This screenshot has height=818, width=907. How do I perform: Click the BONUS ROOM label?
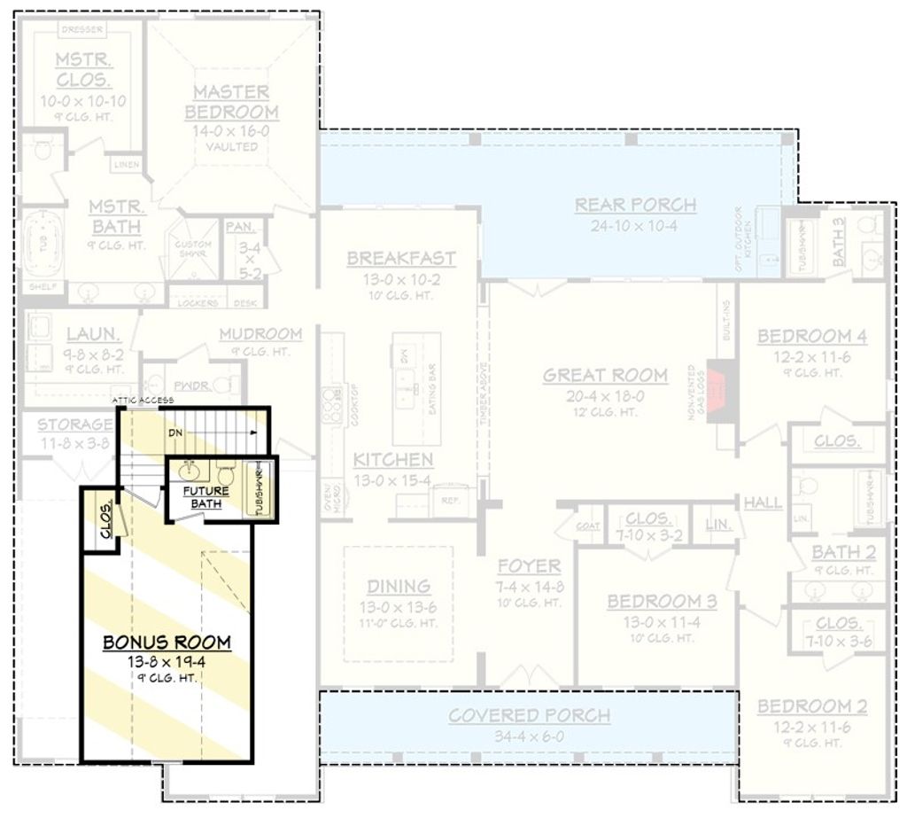167,642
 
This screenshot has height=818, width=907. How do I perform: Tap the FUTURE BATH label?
205,497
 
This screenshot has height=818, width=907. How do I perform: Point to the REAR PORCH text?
635,205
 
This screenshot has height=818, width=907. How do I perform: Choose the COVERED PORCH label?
529,715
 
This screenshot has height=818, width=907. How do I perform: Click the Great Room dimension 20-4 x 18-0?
605,396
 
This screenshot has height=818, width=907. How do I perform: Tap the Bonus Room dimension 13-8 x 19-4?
167,661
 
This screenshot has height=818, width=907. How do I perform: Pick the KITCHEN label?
393,460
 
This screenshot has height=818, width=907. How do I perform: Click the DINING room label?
399,586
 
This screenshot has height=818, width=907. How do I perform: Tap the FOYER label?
528,565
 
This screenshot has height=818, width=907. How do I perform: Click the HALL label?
763,502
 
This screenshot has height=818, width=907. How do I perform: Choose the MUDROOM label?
260,333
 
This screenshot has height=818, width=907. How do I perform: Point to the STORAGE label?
74,425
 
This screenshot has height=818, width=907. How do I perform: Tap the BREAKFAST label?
401,258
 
